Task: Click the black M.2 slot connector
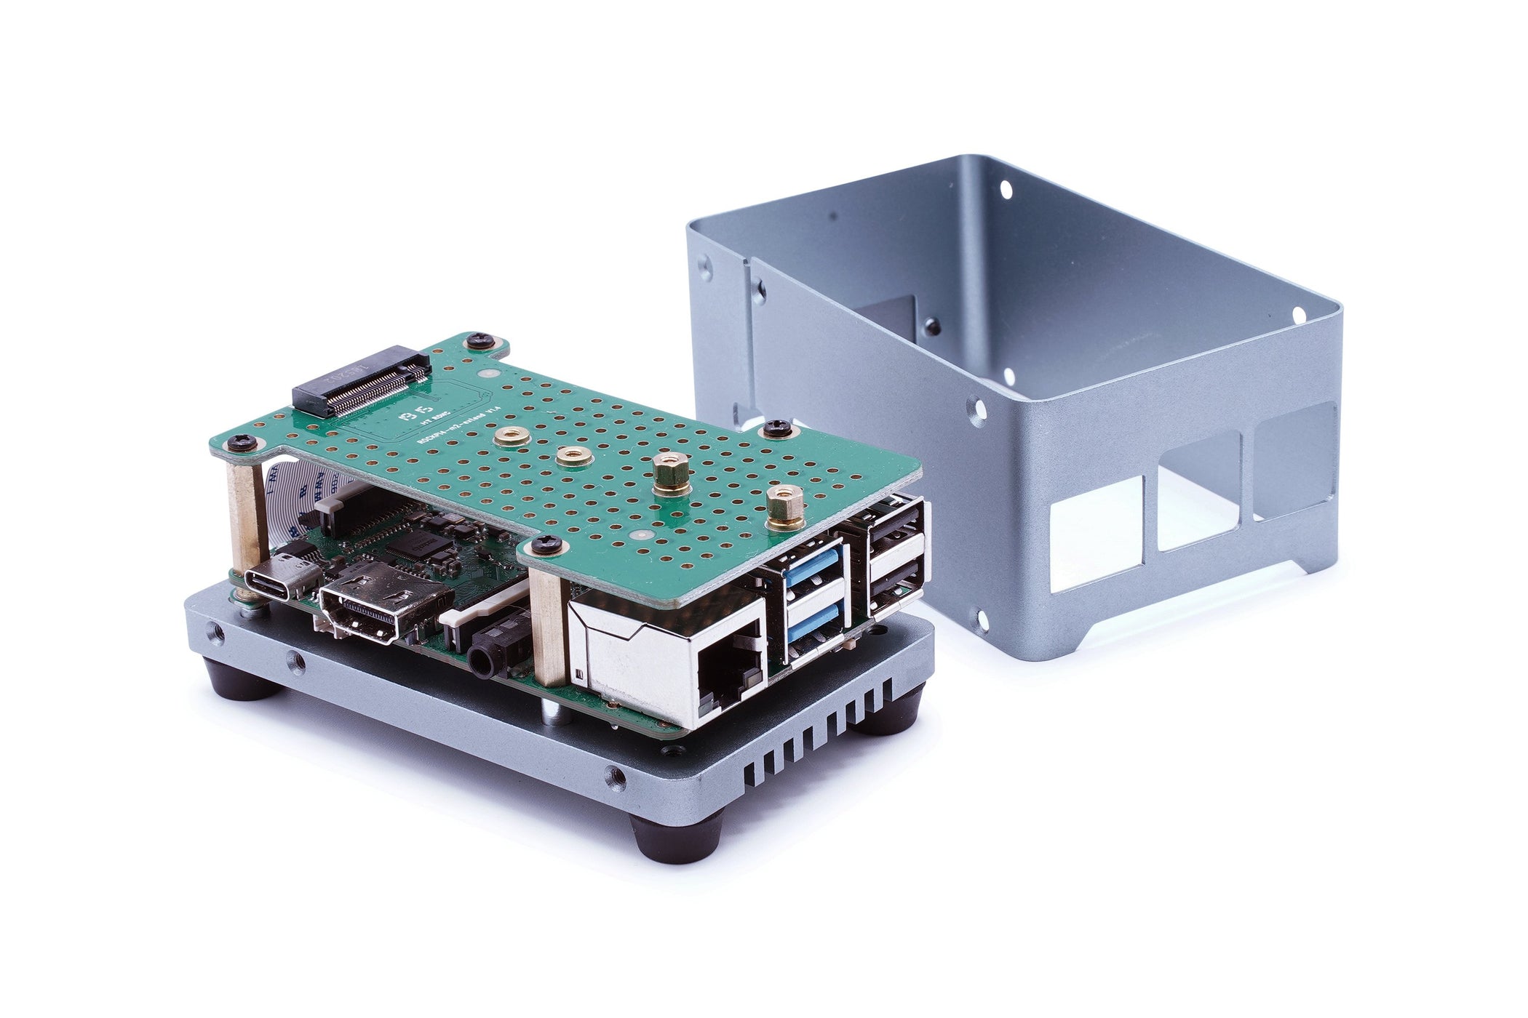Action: click(362, 380)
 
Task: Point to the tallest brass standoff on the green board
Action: click(671, 474)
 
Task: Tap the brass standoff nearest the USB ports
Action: click(784, 508)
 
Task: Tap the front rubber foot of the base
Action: click(676, 837)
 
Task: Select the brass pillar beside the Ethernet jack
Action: click(550, 625)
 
